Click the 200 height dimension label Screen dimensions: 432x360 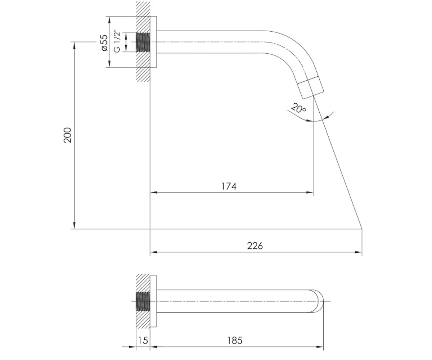click(67, 135)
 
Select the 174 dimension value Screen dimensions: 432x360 click(229, 186)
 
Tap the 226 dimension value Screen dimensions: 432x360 click(255, 246)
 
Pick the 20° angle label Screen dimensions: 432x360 click(298, 108)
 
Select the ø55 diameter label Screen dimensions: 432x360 click(105, 42)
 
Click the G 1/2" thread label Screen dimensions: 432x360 click(117, 42)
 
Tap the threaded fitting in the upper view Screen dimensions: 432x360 click(143, 42)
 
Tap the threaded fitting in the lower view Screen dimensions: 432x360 click(143, 301)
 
